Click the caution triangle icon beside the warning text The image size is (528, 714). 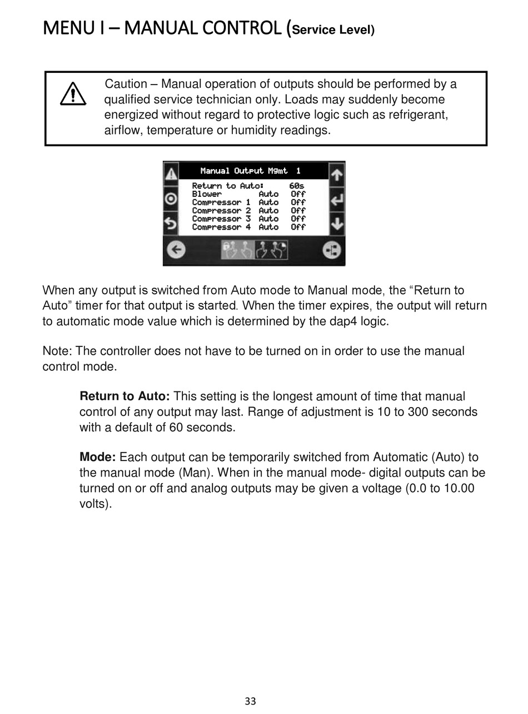(x=73, y=94)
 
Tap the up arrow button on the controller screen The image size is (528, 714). (x=337, y=175)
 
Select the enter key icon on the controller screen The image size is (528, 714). (x=337, y=200)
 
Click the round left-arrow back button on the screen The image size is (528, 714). (x=176, y=250)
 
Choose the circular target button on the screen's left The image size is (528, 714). (x=171, y=199)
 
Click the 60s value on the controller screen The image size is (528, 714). (x=297, y=186)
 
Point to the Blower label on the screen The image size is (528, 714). (x=207, y=194)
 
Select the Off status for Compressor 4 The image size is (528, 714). (x=298, y=227)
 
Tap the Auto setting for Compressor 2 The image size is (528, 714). (x=268, y=211)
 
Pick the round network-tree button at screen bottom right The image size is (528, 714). (x=332, y=250)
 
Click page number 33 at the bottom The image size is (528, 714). (x=250, y=701)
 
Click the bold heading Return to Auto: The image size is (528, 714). (x=124, y=396)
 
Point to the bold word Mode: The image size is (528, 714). (x=97, y=458)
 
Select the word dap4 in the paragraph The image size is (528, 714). (x=334, y=321)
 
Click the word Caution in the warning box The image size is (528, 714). (x=126, y=84)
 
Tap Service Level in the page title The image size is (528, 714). (x=333, y=30)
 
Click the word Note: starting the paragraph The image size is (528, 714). (x=57, y=351)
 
